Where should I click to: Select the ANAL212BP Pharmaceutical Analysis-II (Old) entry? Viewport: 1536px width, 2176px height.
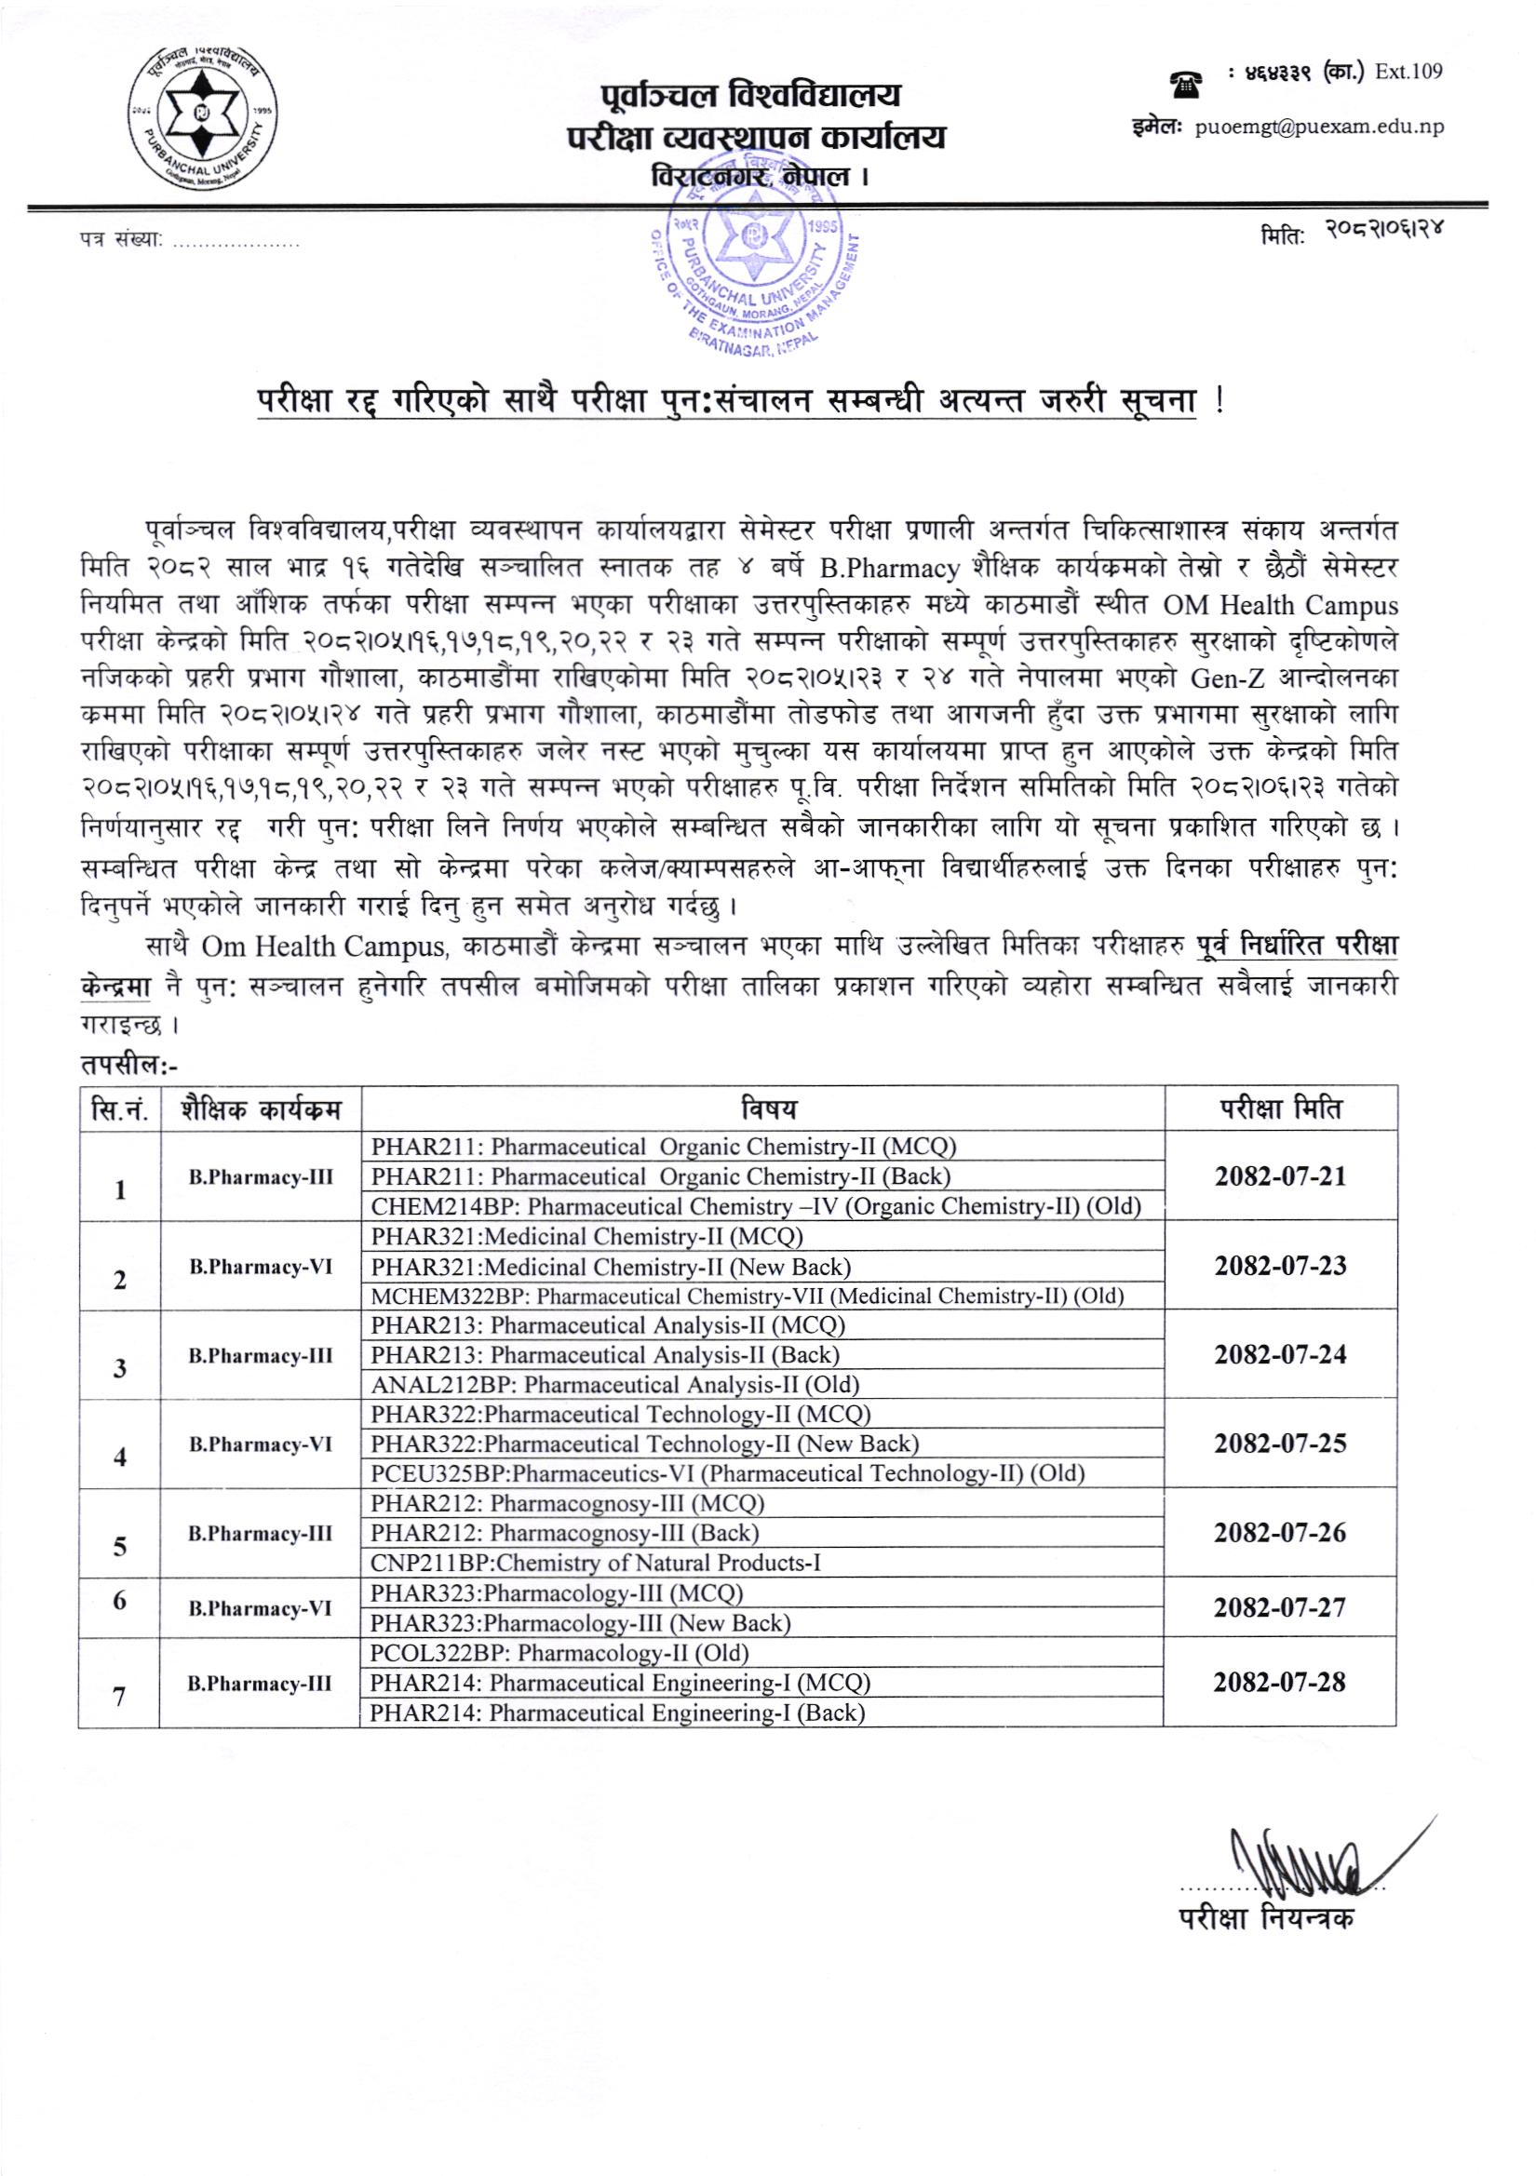pos(615,1385)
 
